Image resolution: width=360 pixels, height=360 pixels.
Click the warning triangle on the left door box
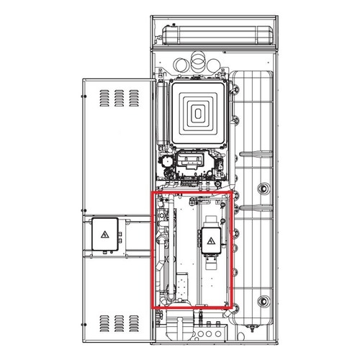tap(104, 235)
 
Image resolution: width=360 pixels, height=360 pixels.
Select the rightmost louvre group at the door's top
tap(134, 95)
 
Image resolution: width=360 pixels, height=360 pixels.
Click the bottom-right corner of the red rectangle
tap(232, 308)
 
